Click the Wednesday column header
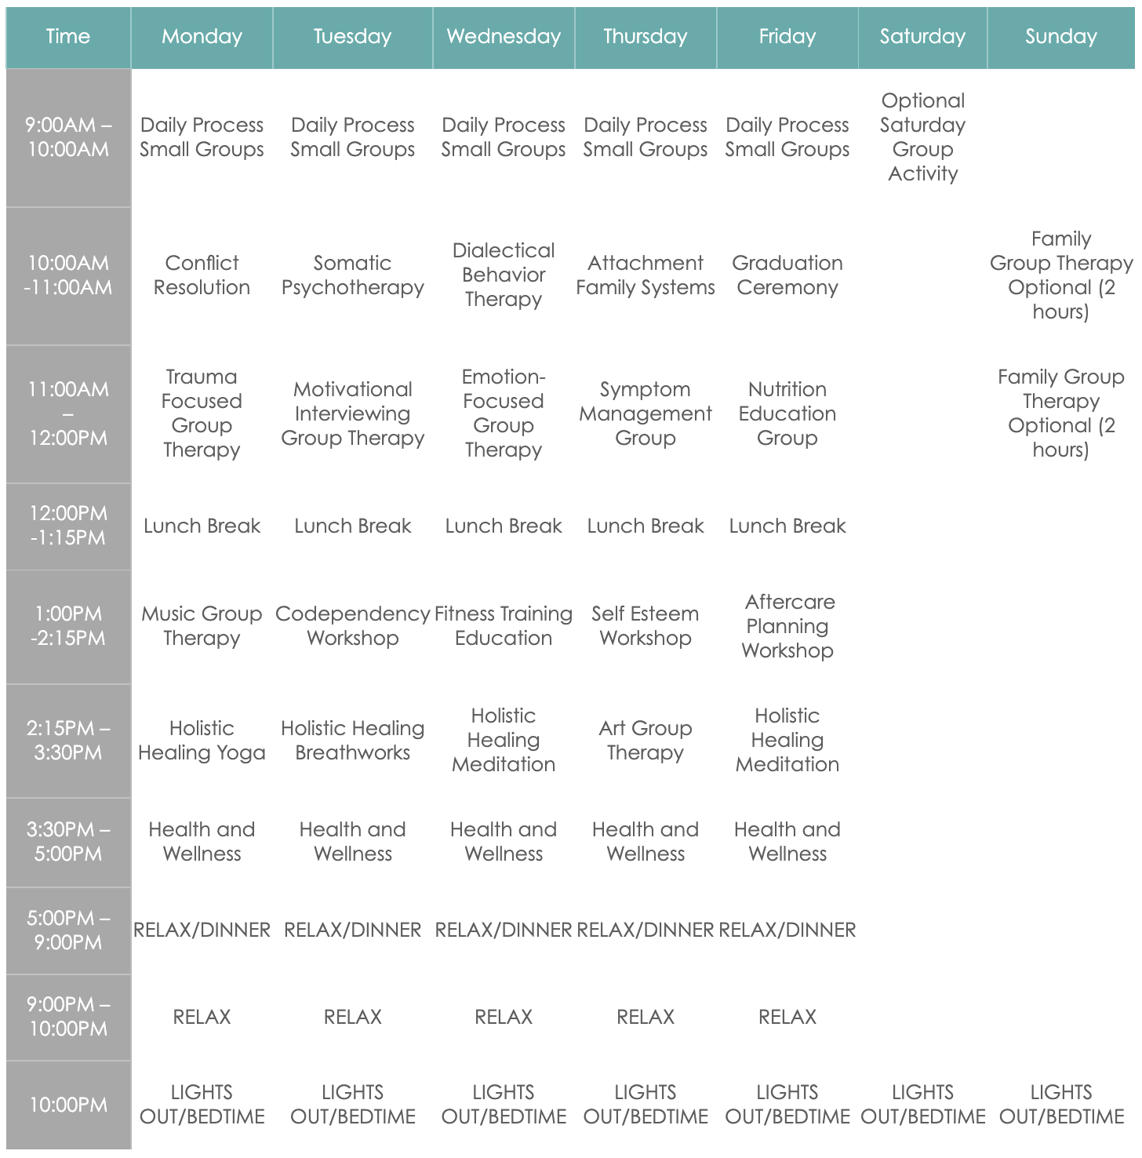pos(504,37)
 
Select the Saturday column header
pos(922,37)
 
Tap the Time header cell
pos(68,37)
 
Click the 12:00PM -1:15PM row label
pos(68,526)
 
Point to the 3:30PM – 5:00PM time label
pos(68,842)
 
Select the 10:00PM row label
pos(68,1105)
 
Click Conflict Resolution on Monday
pos(202,275)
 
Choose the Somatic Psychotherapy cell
pos(352,275)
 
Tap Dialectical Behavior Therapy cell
pos(504,275)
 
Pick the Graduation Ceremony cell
pos(787,275)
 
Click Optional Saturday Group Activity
pos(922,137)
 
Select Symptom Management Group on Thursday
pos(646,413)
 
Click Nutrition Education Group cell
pos(787,413)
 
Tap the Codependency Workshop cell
pos(352,626)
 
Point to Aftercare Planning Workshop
pos(787,626)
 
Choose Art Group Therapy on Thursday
pos(646,741)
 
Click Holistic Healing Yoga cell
pos(202,741)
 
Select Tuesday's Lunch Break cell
pos(352,526)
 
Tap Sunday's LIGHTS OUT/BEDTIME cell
pos(1060,1105)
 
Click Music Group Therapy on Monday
pos(202,626)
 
